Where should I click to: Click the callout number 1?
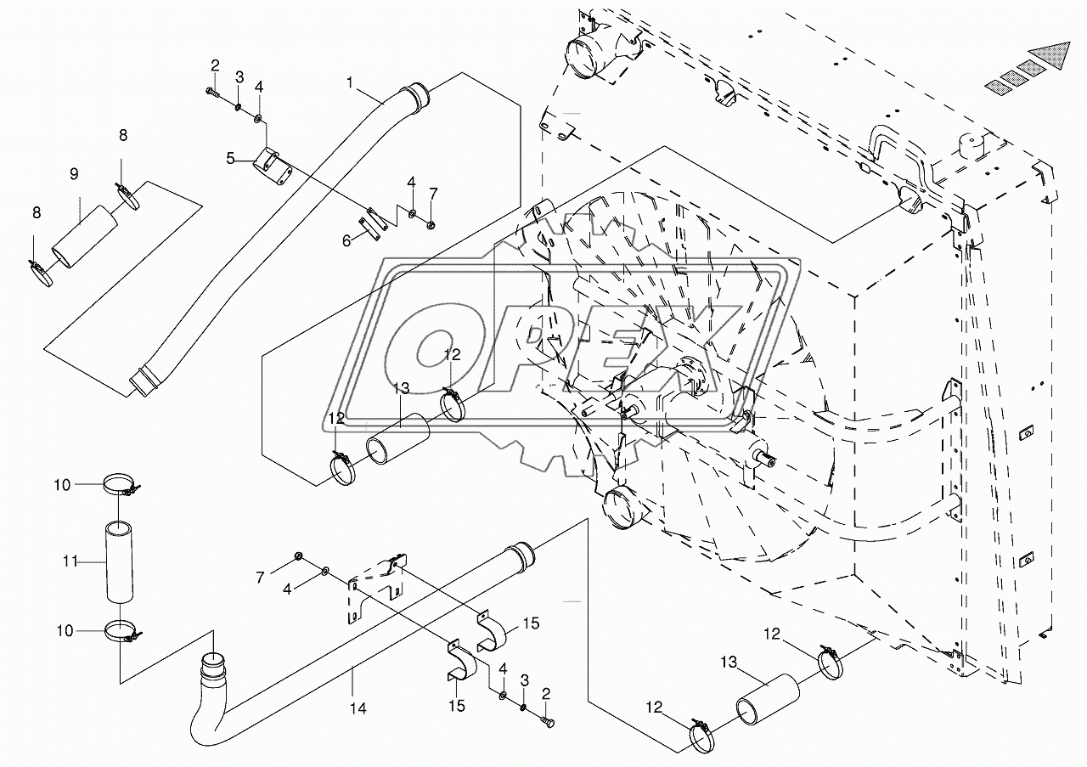tap(349, 83)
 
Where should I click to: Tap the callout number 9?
tap(74, 174)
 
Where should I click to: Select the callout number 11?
tap(70, 561)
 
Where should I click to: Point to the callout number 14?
tap(358, 708)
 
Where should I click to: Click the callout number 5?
tap(230, 158)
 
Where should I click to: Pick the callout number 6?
tap(346, 240)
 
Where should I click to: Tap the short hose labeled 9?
tap(85, 237)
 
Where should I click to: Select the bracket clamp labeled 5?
tap(273, 167)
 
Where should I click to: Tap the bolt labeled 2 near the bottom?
tap(547, 734)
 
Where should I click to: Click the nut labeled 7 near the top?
tap(429, 225)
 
